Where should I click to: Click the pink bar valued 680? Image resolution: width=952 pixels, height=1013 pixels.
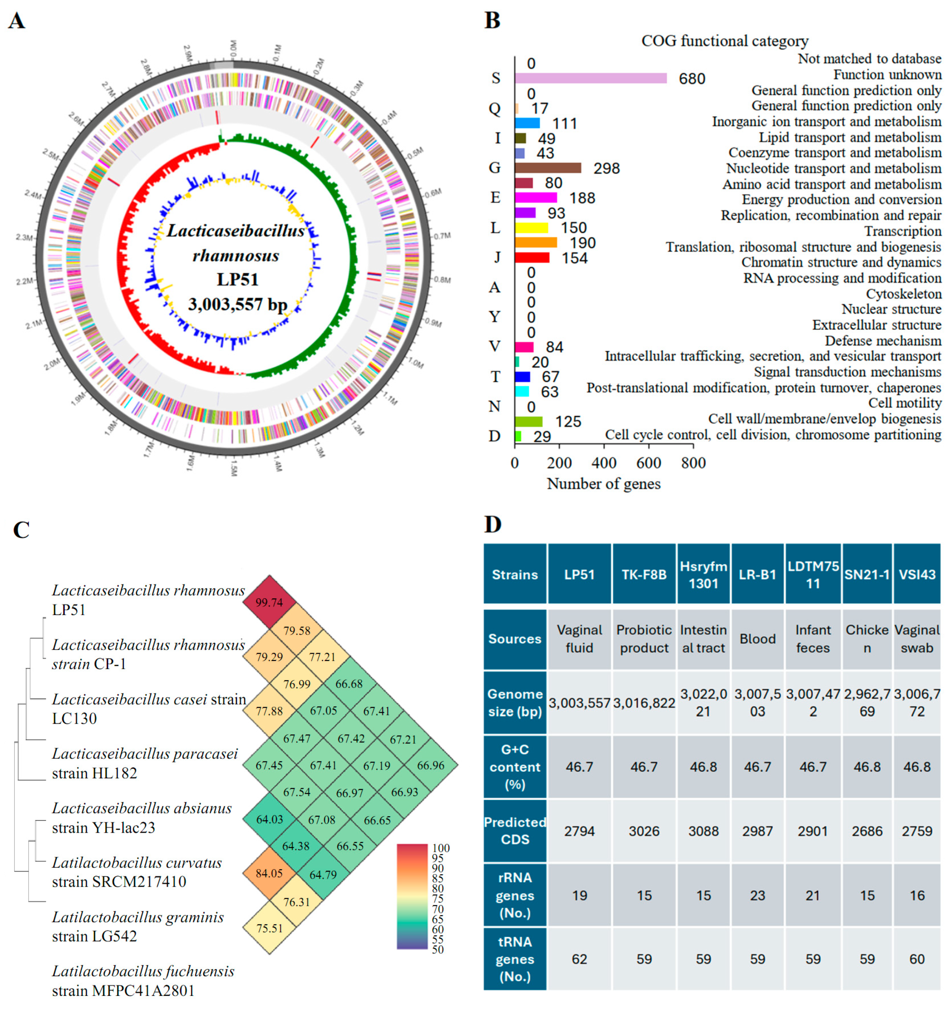click(590, 78)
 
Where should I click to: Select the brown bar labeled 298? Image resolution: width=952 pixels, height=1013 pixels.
click(547, 168)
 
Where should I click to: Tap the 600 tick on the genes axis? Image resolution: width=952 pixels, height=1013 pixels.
click(648, 463)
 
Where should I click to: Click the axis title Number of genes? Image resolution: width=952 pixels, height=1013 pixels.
click(603, 484)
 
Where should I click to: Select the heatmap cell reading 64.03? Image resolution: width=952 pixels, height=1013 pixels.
click(269, 819)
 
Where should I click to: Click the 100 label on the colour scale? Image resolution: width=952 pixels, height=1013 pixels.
click(441, 848)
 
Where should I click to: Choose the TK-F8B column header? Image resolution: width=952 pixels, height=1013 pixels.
click(644, 574)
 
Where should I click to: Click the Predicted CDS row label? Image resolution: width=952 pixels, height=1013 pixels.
click(515, 831)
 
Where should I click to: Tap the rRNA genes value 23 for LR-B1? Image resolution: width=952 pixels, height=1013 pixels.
click(757, 895)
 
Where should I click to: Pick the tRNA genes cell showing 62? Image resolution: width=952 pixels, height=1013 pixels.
click(579, 959)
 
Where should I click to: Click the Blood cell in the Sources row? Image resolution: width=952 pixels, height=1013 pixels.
click(757, 639)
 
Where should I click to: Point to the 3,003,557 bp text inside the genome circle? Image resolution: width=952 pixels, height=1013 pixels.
click(237, 304)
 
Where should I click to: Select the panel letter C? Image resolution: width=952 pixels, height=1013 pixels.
click(21, 530)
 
